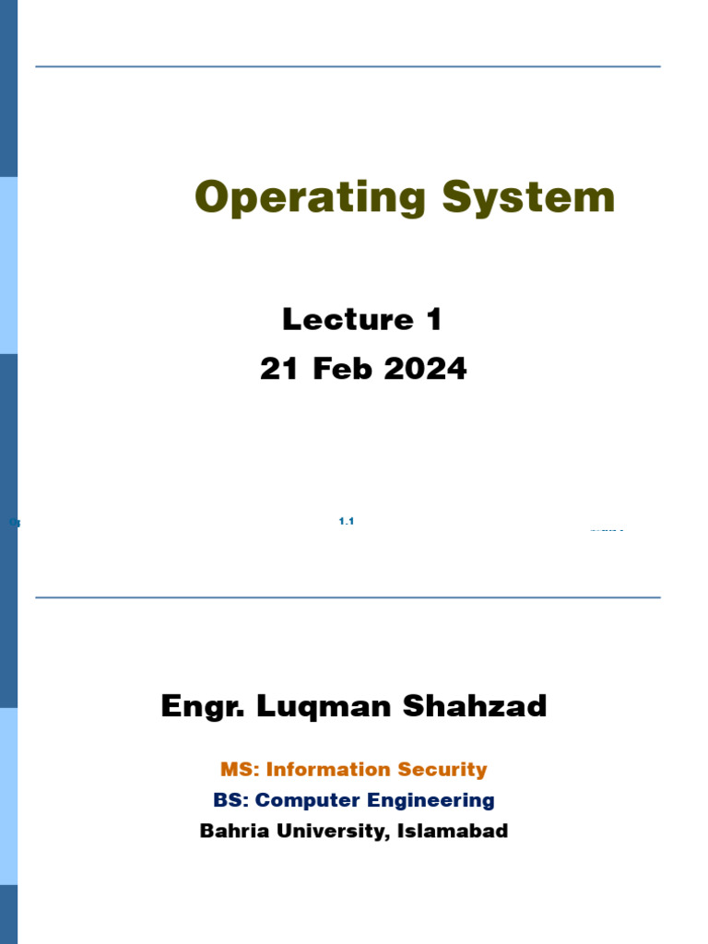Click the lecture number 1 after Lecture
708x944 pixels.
(x=434, y=320)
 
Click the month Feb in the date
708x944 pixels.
(x=343, y=370)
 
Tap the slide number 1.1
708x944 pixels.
(x=347, y=522)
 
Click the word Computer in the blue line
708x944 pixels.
(x=306, y=801)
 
